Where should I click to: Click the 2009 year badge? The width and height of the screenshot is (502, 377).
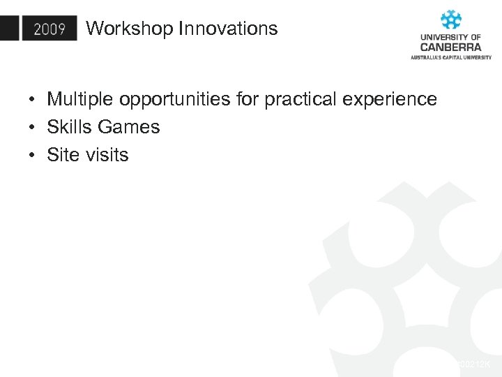pyautogui.click(x=49, y=29)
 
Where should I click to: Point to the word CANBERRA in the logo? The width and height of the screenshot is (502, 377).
pyautogui.click(x=450, y=47)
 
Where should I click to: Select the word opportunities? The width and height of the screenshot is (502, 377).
pyautogui.click(x=175, y=100)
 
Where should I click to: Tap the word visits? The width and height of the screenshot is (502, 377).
pyautogui.click(x=107, y=155)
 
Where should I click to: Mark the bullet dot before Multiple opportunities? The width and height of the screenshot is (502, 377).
pyautogui.click(x=33, y=100)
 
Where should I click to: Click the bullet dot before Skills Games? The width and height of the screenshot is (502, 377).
pyautogui.click(x=33, y=128)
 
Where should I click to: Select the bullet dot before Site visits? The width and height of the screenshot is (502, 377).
pyautogui.click(x=33, y=156)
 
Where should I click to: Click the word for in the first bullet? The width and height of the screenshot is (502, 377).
pyautogui.click(x=247, y=99)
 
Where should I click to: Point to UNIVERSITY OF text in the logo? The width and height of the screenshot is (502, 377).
pyautogui.click(x=450, y=37)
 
